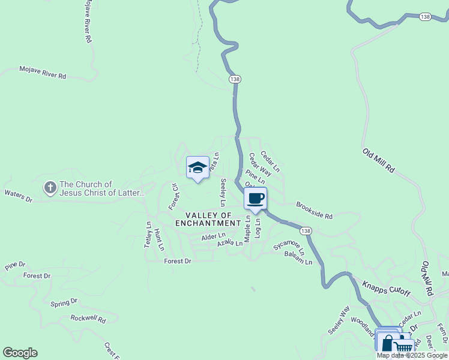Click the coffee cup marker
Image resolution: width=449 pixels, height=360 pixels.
[256, 199]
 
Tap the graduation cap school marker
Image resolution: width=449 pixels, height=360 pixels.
[197, 167]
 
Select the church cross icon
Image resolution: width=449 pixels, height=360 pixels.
[50, 188]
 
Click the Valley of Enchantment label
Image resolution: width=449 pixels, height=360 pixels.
[208, 219]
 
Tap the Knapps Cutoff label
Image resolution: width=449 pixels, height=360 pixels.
[386, 287]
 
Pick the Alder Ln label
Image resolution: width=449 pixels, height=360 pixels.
[213, 237]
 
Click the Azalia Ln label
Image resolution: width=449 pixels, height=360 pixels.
[230, 242]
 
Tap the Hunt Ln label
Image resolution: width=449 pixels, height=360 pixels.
[158, 239]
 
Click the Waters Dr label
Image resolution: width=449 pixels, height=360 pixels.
[18, 195]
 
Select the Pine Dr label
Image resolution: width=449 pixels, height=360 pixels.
[15, 265]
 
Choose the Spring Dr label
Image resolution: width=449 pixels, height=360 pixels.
[64, 302]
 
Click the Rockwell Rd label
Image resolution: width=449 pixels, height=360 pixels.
[88, 319]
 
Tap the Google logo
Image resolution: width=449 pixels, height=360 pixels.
[20, 353]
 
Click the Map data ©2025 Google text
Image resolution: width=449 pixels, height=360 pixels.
[412, 355]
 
